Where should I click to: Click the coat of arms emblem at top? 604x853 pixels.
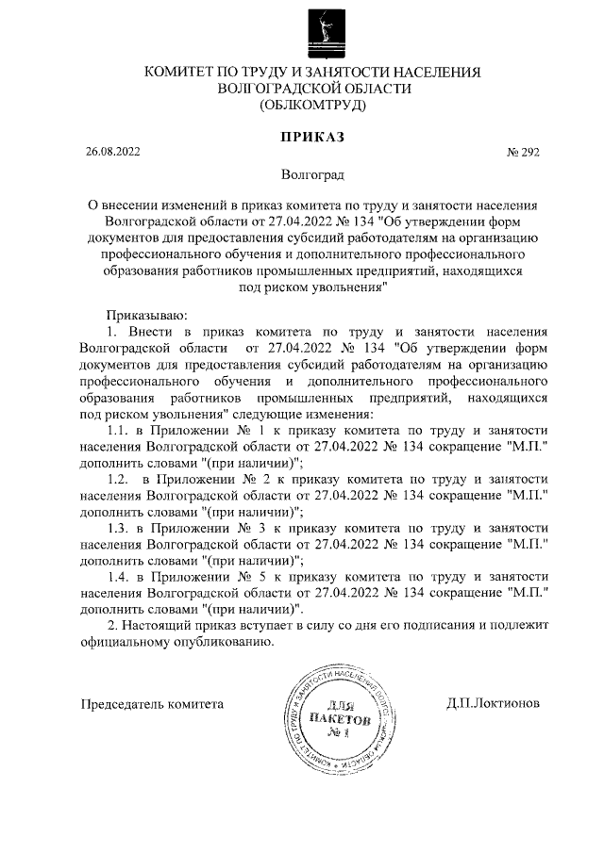tap(319, 30)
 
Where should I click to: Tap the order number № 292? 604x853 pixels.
tap(522, 152)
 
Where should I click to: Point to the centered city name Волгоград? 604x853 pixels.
tap(313, 175)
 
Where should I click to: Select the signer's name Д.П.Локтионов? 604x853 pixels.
tap(493, 703)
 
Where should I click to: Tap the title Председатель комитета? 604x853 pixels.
tap(152, 703)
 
